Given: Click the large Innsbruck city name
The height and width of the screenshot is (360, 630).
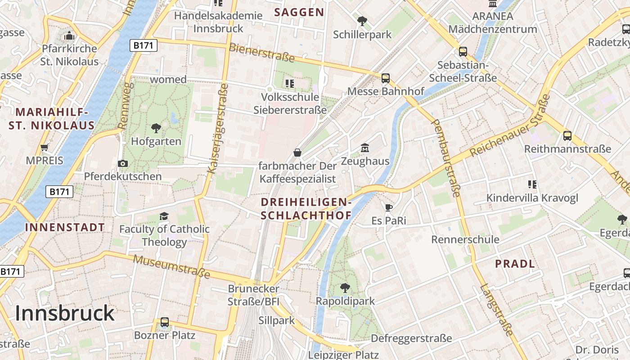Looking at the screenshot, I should click(x=65, y=313).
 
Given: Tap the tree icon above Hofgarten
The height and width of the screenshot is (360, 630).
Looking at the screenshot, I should click(x=156, y=128).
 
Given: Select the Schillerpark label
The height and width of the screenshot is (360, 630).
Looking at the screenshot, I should click(x=362, y=34).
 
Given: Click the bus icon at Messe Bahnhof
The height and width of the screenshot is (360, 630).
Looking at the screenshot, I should click(x=386, y=78).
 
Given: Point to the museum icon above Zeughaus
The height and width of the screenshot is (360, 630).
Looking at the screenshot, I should click(x=364, y=148).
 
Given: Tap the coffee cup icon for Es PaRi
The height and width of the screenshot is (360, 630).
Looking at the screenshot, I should click(x=389, y=207).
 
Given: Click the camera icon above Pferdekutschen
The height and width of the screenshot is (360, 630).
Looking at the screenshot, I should click(x=122, y=163).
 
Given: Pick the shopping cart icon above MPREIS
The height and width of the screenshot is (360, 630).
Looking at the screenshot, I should click(x=44, y=147).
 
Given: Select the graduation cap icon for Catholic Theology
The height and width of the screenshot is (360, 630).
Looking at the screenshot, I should click(x=164, y=216).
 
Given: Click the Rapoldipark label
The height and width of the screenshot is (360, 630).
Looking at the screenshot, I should click(x=345, y=301).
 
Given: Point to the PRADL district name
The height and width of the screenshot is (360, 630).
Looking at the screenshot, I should click(x=515, y=264).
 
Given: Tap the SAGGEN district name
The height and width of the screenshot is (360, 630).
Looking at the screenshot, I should click(x=299, y=12).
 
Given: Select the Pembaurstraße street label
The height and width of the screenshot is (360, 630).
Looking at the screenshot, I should click(x=446, y=158).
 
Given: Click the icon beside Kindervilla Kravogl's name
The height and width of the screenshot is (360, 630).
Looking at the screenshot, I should click(x=532, y=184).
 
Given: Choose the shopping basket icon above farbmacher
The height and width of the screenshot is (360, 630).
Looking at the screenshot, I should click(x=297, y=153).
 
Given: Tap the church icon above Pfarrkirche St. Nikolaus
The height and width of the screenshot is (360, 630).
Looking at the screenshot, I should click(x=69, y=36).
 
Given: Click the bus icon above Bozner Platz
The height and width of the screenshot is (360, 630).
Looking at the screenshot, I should click(x=165, y=322).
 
